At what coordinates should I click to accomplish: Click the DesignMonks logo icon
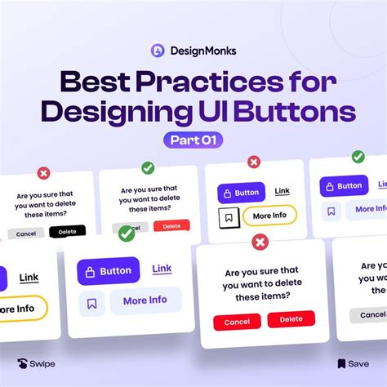(158, 50)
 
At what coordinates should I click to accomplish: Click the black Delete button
(67, 232)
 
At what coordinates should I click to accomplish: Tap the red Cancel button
(237, 321)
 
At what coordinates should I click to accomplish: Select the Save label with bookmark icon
(352, 363)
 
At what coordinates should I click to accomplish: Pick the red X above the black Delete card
(44, 173)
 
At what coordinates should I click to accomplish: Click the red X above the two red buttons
(260, 242)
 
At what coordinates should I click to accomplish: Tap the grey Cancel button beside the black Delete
(25, 233)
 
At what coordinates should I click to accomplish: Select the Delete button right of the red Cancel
(291, 320)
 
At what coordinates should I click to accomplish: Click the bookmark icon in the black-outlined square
(229, 217)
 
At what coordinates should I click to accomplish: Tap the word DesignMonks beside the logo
(202, 51)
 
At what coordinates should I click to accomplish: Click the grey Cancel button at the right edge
(369, 315)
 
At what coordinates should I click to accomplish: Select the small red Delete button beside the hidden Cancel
(171, 225)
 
